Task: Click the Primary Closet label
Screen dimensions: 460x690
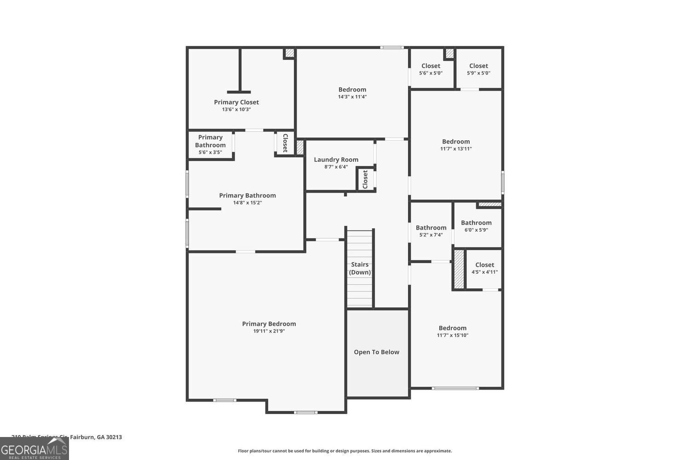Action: (236, 102)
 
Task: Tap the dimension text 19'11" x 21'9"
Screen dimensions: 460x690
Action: (269, 331)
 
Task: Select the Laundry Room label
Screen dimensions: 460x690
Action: (336, 160)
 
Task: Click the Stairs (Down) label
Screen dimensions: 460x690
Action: (360, 268)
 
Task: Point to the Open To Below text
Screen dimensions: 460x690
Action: (376, 352)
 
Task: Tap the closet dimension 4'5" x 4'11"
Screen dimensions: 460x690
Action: (484, 272)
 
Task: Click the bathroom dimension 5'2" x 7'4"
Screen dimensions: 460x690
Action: (431, 235)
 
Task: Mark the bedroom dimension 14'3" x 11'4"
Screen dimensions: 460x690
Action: (352, 97)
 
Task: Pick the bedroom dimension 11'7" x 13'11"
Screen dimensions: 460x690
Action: (456, 149)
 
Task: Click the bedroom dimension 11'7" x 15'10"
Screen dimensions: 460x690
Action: (453, 335)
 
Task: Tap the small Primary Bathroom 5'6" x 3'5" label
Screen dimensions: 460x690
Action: (210, 144)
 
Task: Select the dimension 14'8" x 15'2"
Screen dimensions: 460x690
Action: (247, 203)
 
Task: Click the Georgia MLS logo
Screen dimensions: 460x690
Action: (34, 449)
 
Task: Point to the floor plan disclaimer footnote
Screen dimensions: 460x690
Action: (345, 451)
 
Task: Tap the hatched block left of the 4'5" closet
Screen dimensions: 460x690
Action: (459, 269)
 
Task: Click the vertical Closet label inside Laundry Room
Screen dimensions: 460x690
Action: (365, 179)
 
